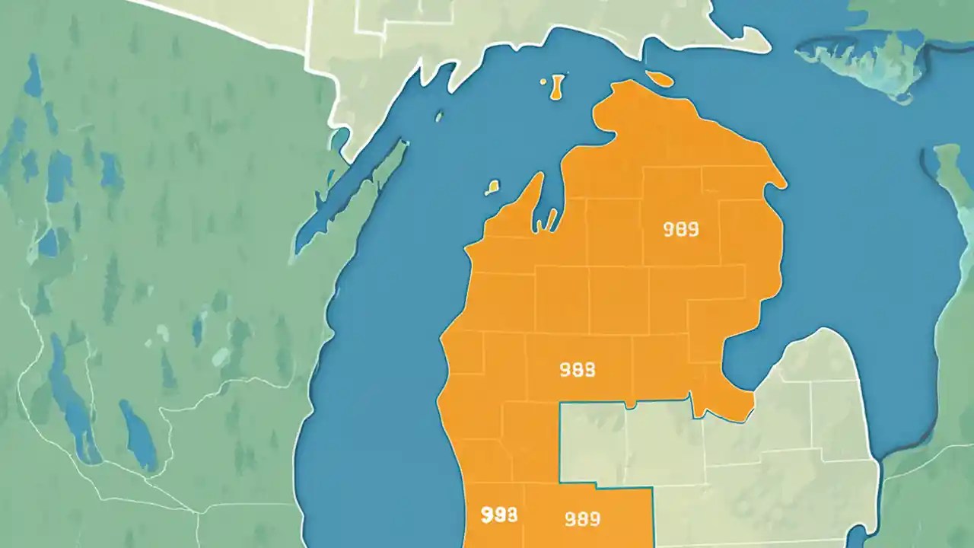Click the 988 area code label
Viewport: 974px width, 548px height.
point(578,370)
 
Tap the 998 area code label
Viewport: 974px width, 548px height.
point(499,515)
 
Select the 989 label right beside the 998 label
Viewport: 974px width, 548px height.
point(582,519)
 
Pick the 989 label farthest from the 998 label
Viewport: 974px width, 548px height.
point(681,229)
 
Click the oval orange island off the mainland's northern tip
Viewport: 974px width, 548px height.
point(660,79)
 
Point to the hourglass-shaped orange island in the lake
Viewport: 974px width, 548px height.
point(556,87)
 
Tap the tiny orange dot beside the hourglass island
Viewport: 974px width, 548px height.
point(543,80)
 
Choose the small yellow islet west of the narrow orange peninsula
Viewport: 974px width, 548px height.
point(492,186)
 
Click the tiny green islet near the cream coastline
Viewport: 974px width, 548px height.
point(439,116)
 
